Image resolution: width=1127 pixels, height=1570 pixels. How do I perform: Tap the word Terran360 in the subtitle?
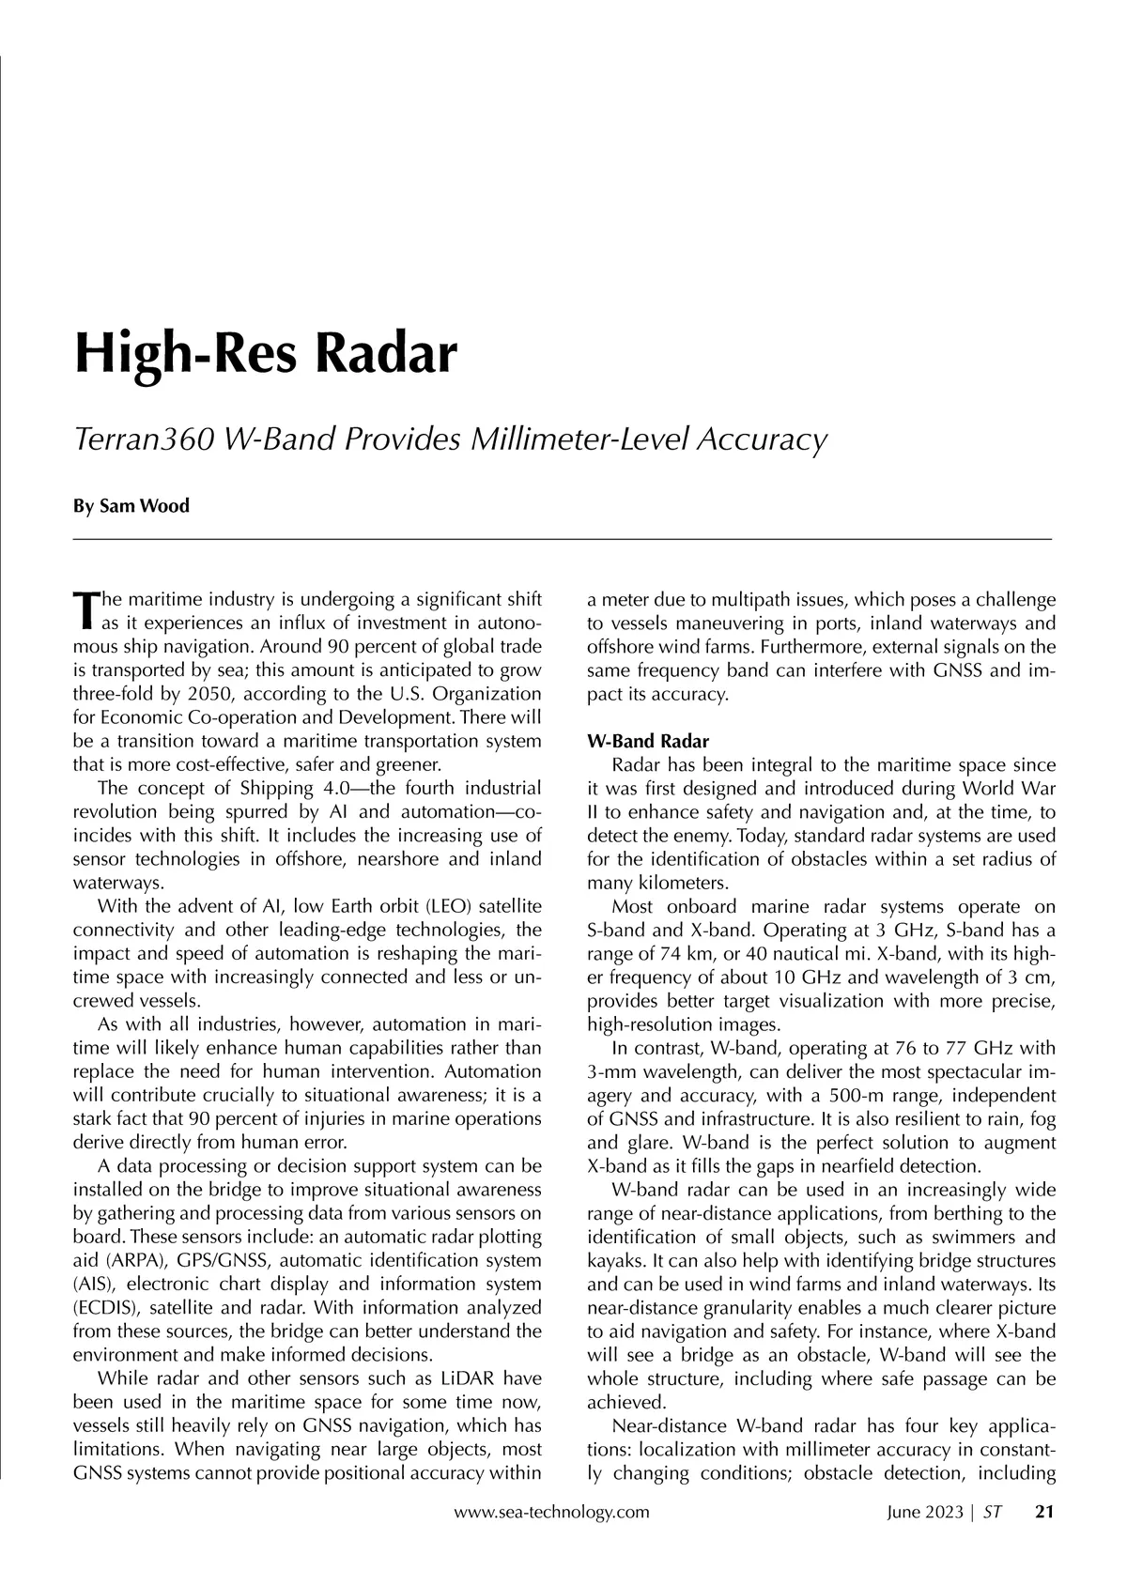(x=140, y=439)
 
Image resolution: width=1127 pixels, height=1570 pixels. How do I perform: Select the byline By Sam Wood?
(x=131, y=506)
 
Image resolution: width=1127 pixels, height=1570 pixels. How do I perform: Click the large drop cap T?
(x=85, y=609)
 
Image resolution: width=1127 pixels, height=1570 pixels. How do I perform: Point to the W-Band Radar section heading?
(x=647, y=742)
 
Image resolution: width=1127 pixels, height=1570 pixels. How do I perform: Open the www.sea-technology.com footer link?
(x=551, y=1512)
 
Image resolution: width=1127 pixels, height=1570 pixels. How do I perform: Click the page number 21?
(x=1044, y=1512)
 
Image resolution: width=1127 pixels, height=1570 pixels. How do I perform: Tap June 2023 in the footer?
(x=926, y=1512)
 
